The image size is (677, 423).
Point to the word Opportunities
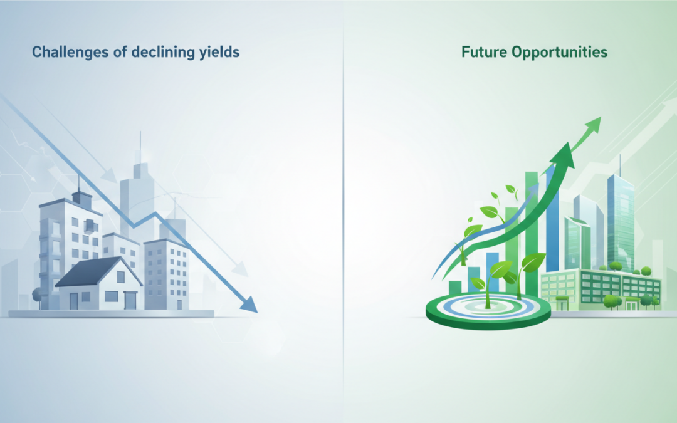[x=560, y=53]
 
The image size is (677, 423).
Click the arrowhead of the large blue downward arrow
[x=249, y=304]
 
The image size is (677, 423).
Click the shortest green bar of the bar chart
[x=455, y=288]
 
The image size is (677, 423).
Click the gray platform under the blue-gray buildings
[x=111, y=314]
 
